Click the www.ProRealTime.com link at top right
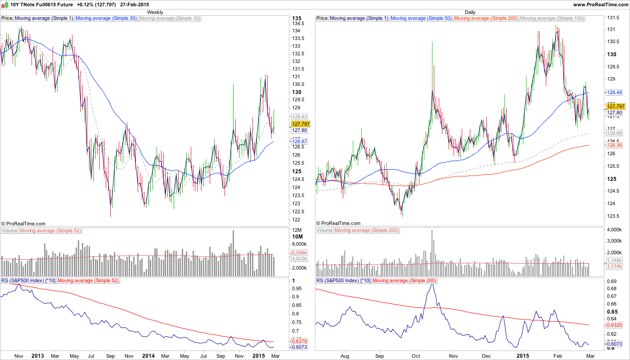click(600, 4)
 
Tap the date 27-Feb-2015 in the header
click(134, 4)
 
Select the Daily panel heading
click(470, 12)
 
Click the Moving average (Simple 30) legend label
click(106, 18)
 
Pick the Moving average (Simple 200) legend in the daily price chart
click(486, 18)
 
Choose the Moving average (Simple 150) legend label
click(552, 18)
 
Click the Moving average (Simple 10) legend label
click(170, 18)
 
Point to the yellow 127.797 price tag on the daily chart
click(615, 106)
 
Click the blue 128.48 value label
click(614, 92)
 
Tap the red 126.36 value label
click(614, 145)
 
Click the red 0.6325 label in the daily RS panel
click(614, 324)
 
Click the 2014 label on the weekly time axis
click(148, 356)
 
